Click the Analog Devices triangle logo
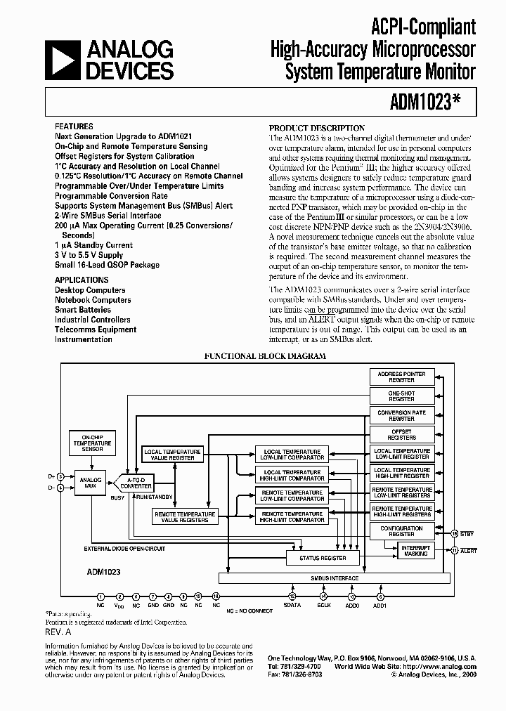(x=63, y=60)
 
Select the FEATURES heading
(x=74, y=126)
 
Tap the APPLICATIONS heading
(x=82, y=280)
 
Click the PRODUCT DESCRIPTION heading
(x=318, y=128)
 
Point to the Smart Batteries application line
(x=83, y=310)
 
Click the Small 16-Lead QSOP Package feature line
(x=107, y=265)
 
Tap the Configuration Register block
(x=402, y=531)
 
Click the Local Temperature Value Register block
(x=172, y=455)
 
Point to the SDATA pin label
(x=292, y=605)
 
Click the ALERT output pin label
(x=469, y=551)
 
